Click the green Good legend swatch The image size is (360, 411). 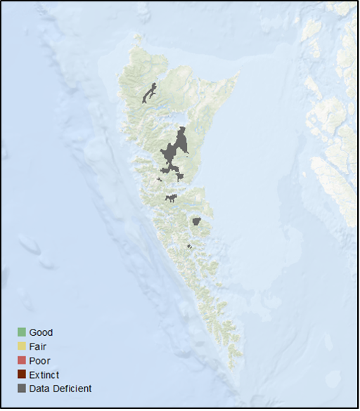point(21,332)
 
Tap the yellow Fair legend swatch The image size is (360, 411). point(21,346)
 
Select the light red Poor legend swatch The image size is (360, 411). point(21,360)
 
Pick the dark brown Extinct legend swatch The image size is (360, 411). point(21,374)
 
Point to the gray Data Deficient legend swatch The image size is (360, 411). point(21,389)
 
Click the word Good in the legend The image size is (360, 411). point(41,332)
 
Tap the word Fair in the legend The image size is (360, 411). point(38,346)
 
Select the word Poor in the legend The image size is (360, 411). point(39,360)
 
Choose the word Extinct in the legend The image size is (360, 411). point(44,374)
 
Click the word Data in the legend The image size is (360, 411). point(39,389)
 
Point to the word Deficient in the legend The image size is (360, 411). point(71,389)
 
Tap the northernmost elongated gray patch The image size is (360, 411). point(148,93)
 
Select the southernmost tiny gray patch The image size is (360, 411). point(189,246)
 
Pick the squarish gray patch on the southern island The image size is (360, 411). point(197,221)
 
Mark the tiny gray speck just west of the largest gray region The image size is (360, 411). point(160,179)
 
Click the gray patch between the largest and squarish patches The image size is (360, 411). point(171,198)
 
